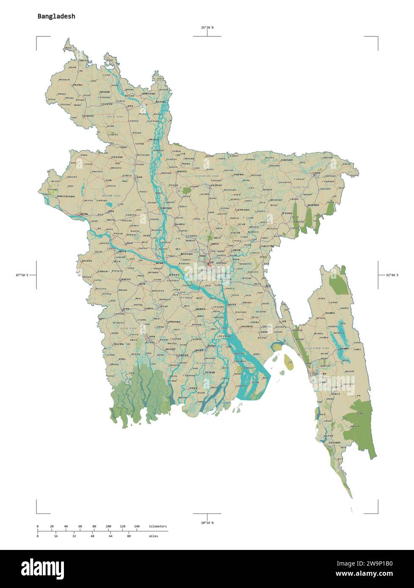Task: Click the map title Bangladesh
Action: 56,16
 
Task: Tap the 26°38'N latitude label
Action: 207,28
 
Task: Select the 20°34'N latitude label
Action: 207,523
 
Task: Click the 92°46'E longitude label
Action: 392,275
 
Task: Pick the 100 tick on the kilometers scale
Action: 108,527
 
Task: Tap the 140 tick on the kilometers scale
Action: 136,527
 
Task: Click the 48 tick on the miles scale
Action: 93,536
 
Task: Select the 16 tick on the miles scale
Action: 56,536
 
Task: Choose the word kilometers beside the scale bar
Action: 158,527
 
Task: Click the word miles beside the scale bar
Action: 153,536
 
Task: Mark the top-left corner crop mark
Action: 37,37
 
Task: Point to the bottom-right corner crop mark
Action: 377,512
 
